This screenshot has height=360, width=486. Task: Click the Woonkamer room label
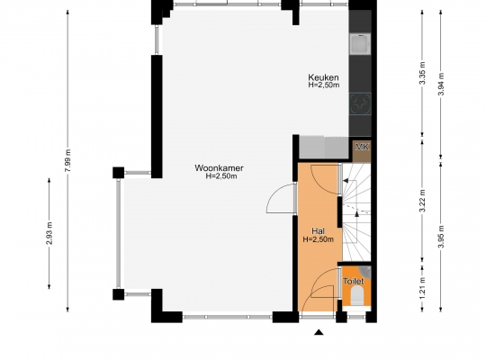219,168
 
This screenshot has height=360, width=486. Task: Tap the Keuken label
323,77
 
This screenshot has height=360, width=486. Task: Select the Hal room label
318,231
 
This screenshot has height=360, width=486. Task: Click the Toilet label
353,282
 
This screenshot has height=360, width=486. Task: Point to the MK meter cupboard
362,151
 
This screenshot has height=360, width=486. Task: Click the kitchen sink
360,44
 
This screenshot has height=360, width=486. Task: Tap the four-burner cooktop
360,103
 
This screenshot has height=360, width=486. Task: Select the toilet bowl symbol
357,295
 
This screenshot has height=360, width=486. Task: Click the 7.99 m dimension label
68,160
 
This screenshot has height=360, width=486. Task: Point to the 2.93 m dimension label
49,233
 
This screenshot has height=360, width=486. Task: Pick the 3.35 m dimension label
422,73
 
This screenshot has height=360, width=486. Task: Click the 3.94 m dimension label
441,84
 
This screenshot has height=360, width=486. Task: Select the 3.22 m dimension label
422,201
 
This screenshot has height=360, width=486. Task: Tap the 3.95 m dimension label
441,237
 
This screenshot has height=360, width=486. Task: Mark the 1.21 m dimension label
422,288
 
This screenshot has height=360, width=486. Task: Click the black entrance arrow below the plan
319,332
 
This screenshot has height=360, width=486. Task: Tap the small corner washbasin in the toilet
366,272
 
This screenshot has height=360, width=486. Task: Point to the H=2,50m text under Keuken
324,85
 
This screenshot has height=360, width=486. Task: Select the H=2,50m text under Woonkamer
221,176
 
